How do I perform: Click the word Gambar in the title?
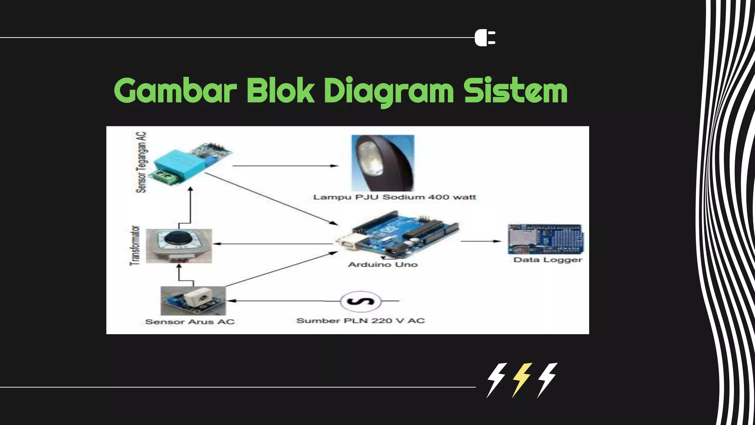(175, 91)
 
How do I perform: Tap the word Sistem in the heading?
(515, 91)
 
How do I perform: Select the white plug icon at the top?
(485, 38)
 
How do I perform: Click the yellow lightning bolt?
(521, 380)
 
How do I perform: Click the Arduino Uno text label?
(383, 265)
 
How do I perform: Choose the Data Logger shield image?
(546, 239)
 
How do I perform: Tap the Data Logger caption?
(547, 260)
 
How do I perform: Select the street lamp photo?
(383, 163)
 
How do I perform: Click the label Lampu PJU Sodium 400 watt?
(394, 197)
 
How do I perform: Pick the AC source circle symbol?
(361, 301)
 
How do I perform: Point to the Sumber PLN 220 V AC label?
(361, 321)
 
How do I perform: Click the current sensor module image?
(193, 300)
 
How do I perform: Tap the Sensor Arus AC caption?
(190, 322)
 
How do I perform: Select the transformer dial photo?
(179, 246)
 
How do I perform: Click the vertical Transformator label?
(135, 246)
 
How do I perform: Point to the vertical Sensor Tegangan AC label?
(141, 162)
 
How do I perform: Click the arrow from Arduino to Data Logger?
(481, 241)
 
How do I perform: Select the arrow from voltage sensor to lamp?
(285, 166)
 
